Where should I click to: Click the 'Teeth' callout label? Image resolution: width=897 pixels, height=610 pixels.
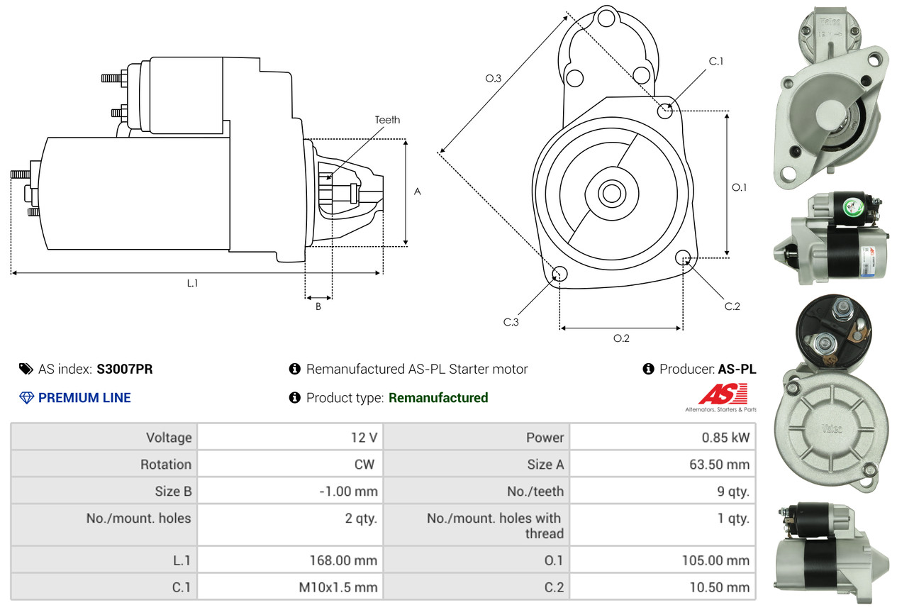387,120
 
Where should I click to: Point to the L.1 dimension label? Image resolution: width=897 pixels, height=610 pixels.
192,283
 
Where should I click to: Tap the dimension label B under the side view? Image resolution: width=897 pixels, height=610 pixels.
318,306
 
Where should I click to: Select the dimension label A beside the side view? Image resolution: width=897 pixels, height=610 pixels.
418,192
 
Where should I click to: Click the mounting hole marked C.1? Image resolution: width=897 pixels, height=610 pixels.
665,111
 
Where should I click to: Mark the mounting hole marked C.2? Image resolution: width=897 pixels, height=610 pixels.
684,257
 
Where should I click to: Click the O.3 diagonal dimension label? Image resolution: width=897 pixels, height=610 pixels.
494,79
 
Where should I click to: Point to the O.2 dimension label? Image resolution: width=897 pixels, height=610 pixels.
621,338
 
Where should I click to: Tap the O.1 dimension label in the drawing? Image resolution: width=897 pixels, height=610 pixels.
740,187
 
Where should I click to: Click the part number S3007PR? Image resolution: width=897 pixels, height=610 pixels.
125,369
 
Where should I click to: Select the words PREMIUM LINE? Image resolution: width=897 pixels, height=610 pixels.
84,398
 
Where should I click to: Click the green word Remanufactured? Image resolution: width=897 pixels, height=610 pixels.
438,398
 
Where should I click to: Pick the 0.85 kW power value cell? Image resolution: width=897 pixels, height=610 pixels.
725,438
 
